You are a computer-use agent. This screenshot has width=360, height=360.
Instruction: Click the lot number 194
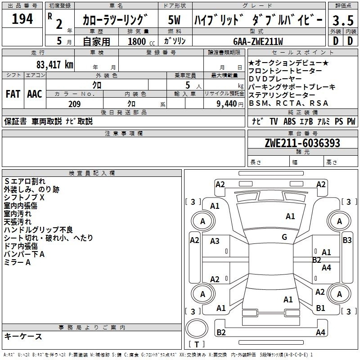pyautogui.click(x=22, y=19)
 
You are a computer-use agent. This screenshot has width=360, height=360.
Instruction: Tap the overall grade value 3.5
pyautogui.click(x=343, y=20)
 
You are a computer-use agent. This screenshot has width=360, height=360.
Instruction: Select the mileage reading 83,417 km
pyautogui.click(x=55, y=65)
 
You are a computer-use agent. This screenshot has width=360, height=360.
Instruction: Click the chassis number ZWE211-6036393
pyautogui.click(x=302, y=143)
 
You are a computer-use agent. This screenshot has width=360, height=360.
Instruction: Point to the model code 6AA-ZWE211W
pyautogui.click(x=258, y=41)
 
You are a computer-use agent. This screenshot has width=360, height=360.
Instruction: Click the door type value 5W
pyautogui.click(x=174, y=20)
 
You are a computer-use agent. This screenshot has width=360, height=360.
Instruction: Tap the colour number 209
pyautogui.click(x=74, y=104)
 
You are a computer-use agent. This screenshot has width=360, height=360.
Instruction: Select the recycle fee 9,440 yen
pyautogui.click(x=230, y=104)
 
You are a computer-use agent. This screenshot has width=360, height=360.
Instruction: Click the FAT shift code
pyautogui.click(x=13, y=94)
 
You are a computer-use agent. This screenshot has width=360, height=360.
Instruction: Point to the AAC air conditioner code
pyautogui.click(x=35, y=94)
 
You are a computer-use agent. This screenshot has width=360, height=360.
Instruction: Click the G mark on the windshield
pyautogui.click(x=284, y=237)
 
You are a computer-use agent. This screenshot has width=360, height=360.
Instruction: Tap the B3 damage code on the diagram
pyautogui.click(x=347, y=240)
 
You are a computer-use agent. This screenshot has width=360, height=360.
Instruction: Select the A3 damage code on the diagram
pyautogui.click(x=215, y=241)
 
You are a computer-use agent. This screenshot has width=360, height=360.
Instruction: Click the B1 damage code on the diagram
pyautogui.click(x=320, y=308)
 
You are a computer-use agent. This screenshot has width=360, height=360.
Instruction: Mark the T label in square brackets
pyautogui.click(x=197, y=344)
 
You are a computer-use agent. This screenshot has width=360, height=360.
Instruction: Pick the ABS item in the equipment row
pyautogui.click(x=289, y=121)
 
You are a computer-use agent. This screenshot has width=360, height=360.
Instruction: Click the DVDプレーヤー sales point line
pyautogui.click(x=275, y=79)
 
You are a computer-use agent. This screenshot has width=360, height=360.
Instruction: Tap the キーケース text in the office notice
pyautogui.click(x=23, y=336)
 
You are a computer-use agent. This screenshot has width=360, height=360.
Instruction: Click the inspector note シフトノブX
pyautogui.click(x=24, y=197)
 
